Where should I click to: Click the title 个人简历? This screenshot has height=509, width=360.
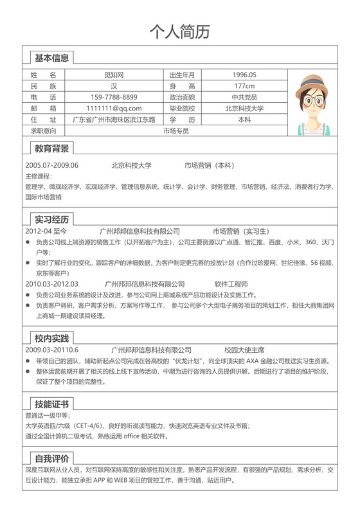(x=179, y=31)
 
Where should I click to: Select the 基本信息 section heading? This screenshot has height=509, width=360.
(x=51, y=58)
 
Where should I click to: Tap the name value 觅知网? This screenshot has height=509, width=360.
(x=114, y=75)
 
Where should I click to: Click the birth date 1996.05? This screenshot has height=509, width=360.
(x=244, y=75)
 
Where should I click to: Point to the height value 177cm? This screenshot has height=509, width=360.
(x=244, y=86)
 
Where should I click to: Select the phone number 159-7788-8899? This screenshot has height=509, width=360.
(x=114, y=97)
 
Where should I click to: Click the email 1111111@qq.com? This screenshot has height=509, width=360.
(x=114, y=109)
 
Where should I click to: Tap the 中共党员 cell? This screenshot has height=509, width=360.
(x=244, y=97)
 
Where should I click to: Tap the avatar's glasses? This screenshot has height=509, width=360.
(x=314, y=101)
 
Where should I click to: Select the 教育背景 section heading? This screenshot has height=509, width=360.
(x=51, y=148)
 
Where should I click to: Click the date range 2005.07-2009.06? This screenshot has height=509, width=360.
(x=52, y=165)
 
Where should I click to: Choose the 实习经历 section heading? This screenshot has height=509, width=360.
(x=51, y=219)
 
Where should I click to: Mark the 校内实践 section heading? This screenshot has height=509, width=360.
(x=51, y=337)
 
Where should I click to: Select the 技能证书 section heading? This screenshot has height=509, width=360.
(x=51, y=404)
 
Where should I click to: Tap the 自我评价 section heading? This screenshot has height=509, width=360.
(x=51, y=458)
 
